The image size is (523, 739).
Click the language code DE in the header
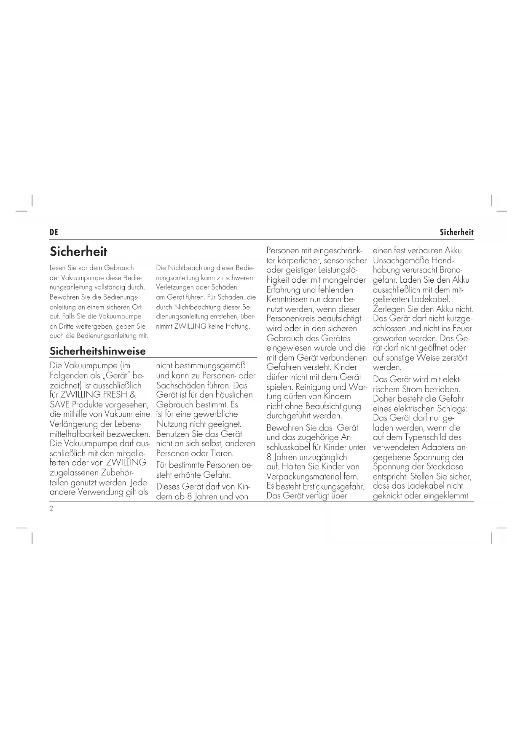tap(54, 232)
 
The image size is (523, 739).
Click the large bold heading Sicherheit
tap(78, 252)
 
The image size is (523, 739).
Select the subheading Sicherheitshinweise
tap(98, 351)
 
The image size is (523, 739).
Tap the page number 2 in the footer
tap(51, 508)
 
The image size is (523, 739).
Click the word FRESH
tap(115, 395)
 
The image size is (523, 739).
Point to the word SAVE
tap(59, 404)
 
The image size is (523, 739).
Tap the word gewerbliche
tap(215, 414)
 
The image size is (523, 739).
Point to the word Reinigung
tap(314, 387)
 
